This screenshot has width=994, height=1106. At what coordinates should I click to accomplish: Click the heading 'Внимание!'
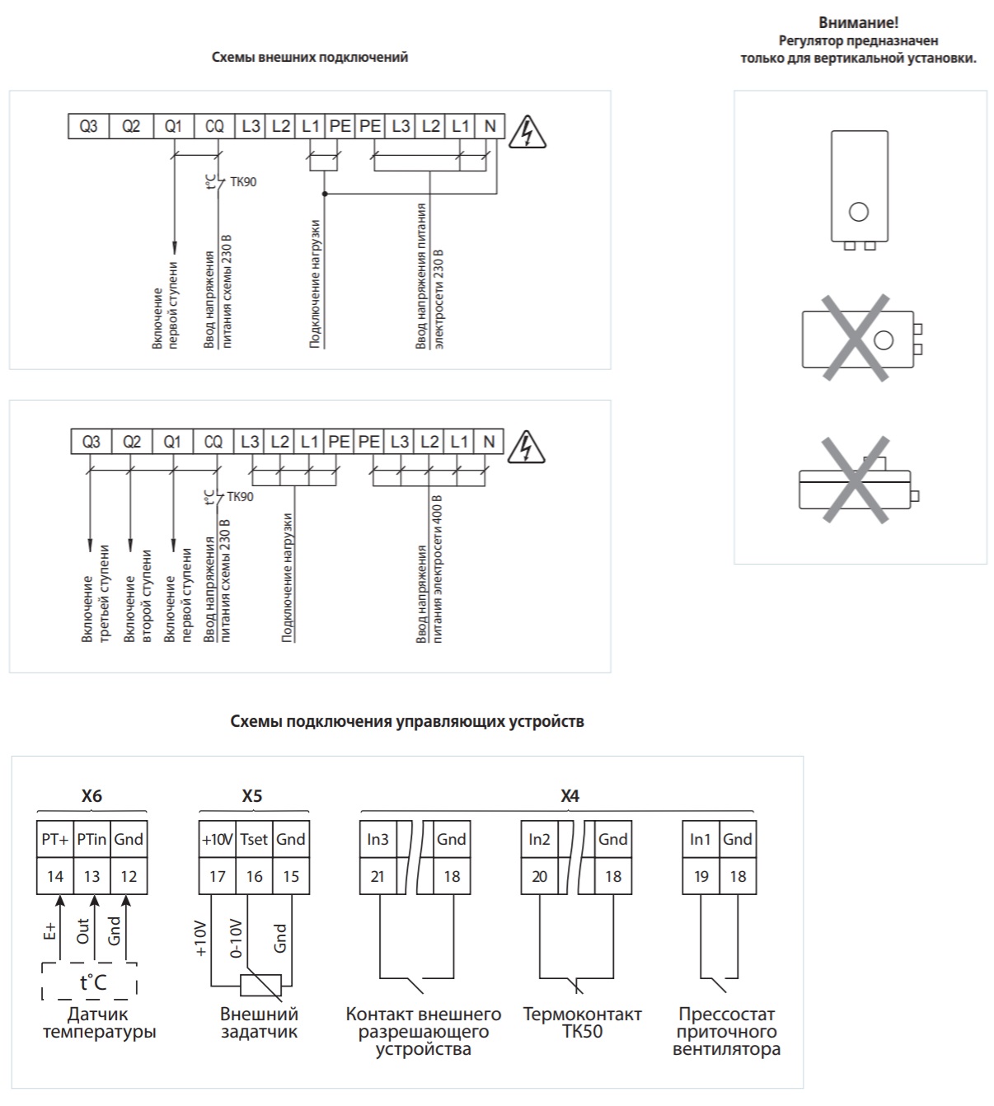point(858,22)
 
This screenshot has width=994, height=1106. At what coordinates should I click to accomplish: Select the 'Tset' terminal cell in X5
point(254,839)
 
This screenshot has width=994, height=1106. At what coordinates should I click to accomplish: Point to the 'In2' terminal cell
point(539,839)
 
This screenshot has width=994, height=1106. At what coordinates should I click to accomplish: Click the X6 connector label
point(91,795)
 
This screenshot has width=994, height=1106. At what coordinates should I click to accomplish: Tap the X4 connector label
point(570,795)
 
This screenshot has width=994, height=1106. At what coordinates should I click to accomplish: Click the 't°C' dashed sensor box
point(89,981)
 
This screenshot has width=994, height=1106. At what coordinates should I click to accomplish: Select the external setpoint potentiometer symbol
point(260,985)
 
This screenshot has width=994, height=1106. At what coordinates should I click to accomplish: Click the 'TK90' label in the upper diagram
point(242,182)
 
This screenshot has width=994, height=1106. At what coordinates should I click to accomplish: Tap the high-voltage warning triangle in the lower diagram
point(526,447)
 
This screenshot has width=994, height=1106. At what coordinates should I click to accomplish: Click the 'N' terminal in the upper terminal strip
point(490,126)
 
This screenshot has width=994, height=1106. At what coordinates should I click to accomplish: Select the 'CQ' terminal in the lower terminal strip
point(213,442)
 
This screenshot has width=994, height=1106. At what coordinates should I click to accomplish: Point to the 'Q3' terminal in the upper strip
point(88,126)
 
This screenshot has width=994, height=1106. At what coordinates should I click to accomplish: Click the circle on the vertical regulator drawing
point(858,212)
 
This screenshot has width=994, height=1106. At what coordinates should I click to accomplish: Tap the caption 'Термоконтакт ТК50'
point(583,1023)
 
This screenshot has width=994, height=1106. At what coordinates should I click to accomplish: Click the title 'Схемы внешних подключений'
point(310,58)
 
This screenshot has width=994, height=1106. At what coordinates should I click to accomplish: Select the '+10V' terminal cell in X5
point(218,839)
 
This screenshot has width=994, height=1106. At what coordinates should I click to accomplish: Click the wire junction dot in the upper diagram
point(325,194)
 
